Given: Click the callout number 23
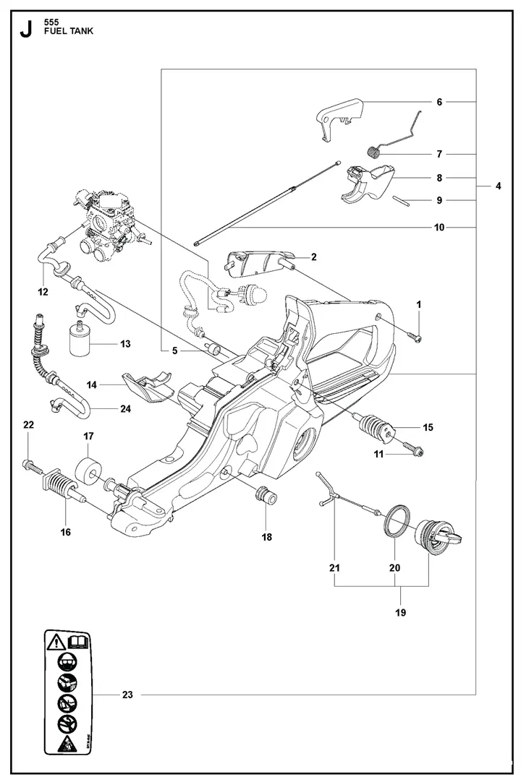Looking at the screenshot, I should [x=127, y=695].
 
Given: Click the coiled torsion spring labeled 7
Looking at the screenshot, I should [x=374, y=153].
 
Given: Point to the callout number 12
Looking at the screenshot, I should [x=43, y=292].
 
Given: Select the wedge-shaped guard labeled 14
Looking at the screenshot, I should [x=148, y=387].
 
